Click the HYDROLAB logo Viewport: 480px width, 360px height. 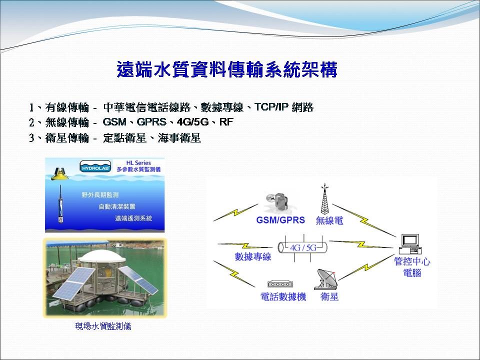pos(95,167)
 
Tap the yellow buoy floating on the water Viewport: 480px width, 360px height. pos(59,173)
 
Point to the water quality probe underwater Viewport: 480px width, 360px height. pos(60,204)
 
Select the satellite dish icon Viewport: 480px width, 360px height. pos(326,279)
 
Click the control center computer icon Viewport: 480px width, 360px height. pos(410,244)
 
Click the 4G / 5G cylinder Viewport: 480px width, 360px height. pos(302,247)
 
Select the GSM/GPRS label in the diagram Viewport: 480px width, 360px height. pos(280,220)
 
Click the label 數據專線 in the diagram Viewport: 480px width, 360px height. pos(253,256)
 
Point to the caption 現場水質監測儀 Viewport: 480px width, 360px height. pos(103,326)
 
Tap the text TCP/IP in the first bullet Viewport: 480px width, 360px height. pos(271,107)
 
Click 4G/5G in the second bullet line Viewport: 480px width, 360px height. pos(192,122)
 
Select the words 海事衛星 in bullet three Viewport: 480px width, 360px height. pos(179,138)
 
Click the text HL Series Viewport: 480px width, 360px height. pos(138,163)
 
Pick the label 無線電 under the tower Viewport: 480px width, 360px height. pos(329,220)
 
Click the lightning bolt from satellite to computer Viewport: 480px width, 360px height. pos(366,267)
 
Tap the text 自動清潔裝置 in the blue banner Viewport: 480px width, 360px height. pos(117,206)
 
